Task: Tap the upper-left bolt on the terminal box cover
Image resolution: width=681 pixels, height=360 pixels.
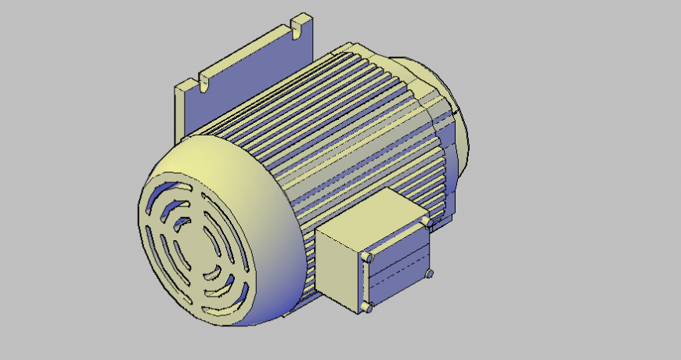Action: click(x=366, y=257)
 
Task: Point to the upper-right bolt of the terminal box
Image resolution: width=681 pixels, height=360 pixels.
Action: click(x=425, y=223)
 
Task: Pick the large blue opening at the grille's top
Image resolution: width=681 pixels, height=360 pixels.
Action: click(x=168, y=192)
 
